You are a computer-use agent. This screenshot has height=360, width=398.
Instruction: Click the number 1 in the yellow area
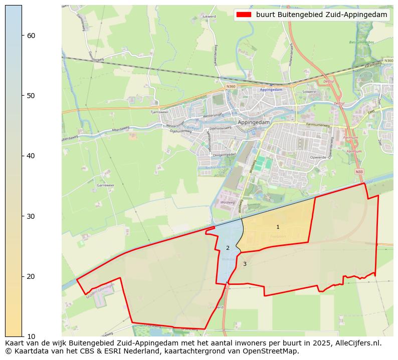click(x=278, y=227)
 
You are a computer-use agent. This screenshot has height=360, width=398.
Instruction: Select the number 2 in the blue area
click(x=228, y=248)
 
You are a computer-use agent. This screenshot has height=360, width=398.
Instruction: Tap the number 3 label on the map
click(x=245, y=264)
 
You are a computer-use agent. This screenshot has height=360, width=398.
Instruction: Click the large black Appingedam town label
click(x=254, y=122)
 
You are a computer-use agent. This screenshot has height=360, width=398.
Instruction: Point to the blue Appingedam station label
click(x=271, y=90)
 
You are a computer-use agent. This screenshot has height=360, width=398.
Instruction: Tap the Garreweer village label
click(x=106, y=185)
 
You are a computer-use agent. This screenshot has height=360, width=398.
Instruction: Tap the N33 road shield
click(x=359, y=172)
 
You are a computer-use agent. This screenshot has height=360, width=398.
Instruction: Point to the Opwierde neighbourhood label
click(x=318, y=157)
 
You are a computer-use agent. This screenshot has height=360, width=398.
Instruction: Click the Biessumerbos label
click(x=361, y=42)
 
